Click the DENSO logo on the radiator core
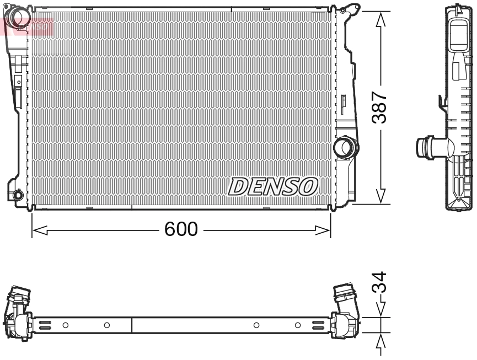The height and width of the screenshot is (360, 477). click(273, 186)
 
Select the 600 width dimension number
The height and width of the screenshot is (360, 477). click(180, 229)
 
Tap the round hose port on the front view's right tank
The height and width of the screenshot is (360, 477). click(346, 147)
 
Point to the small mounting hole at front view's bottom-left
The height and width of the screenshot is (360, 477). click(18, 195)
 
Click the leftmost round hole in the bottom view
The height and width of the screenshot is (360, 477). click(65, 325)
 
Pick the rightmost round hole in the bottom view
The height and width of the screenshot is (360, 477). click(298, 325)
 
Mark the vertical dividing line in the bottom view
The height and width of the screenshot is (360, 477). click(132, 325)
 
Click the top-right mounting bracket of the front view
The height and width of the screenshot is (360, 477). click(349, 10)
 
